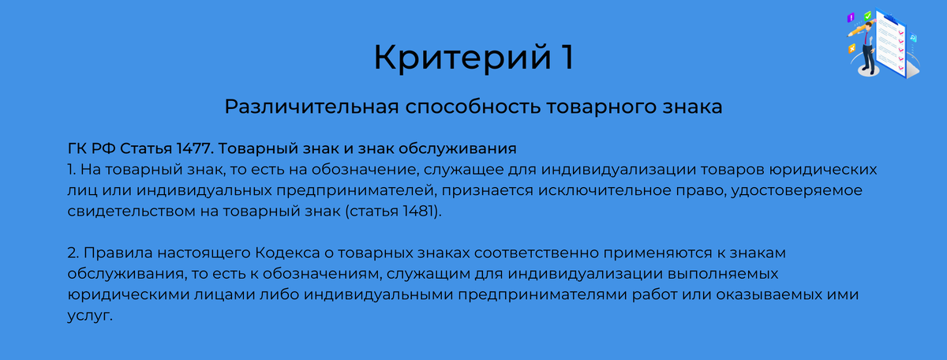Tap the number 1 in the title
(562, 58)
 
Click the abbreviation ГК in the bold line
(78, 148)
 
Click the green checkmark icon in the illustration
(867, 16)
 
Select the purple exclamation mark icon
(851, 17)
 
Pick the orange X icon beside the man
(852, 48)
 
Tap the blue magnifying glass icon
(914, 38)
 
